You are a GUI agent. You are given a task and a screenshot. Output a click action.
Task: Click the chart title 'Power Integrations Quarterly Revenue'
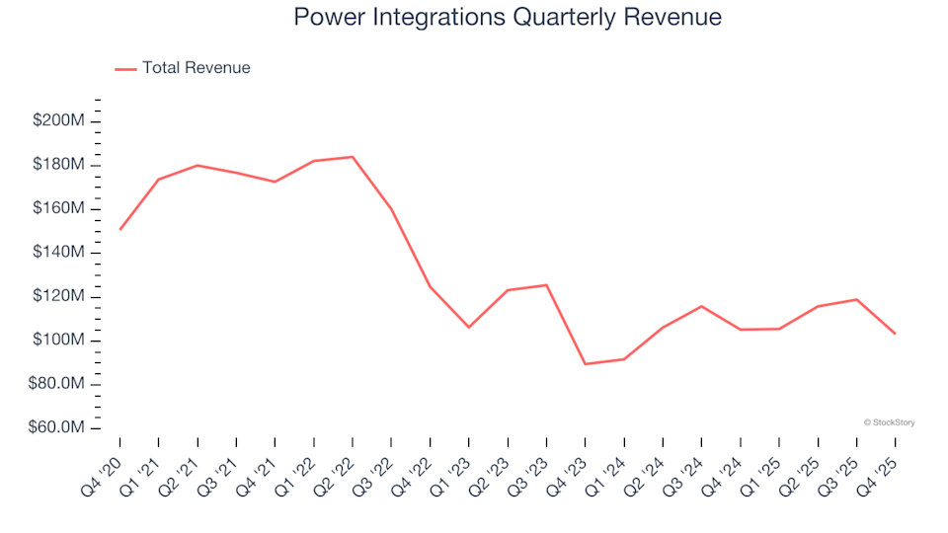point(508,18)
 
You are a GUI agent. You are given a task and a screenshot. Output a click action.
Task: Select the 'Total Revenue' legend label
point(196,68)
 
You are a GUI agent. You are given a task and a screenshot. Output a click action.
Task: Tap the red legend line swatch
point(125,69)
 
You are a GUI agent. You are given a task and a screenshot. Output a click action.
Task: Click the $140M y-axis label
point(58,253)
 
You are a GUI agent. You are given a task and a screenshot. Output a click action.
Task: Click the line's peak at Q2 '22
point(353,156)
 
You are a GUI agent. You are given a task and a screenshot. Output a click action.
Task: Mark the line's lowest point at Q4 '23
point(585,364)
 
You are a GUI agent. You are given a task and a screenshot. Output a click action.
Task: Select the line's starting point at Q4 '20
point(120,229)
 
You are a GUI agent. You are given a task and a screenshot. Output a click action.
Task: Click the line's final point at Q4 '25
point(895,334)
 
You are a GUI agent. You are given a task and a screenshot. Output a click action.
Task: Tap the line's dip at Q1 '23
point(469,327)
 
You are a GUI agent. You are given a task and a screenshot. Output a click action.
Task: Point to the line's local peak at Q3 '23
point(546,285)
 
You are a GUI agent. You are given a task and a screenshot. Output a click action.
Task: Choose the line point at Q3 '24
point(701,306)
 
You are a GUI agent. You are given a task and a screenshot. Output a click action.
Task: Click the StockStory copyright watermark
point(889,422)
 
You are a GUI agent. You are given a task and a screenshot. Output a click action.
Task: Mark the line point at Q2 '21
point(197,165)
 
